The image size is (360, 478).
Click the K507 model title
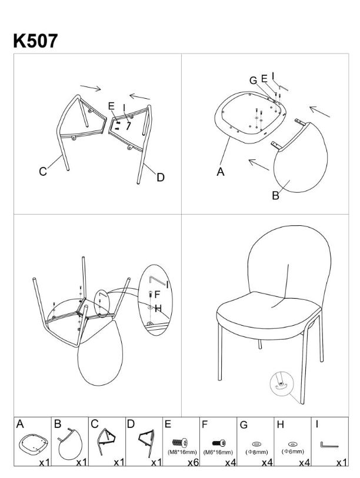click(35, 41)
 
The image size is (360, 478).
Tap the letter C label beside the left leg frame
click(43, 171)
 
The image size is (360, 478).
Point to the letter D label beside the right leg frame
click(161, 177)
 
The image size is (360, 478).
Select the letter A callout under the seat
click(221, 172)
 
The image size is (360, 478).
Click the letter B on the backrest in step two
click(275, 195)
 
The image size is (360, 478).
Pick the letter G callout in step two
click(253, 81)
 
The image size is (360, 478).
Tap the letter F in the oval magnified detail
click(158, 295)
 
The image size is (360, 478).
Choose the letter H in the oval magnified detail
click(158, 309)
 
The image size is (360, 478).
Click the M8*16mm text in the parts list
click(182, 452)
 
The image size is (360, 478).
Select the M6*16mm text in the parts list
click(218, 452)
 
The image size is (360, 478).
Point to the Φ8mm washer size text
click(256, 452)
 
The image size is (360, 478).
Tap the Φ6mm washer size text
click(293, 452)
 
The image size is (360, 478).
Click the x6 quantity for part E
click(193, 463)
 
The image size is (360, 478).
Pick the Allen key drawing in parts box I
click(329, 446)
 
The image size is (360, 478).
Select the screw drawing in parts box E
click(180, 442)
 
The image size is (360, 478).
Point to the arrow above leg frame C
click(91, 88)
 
